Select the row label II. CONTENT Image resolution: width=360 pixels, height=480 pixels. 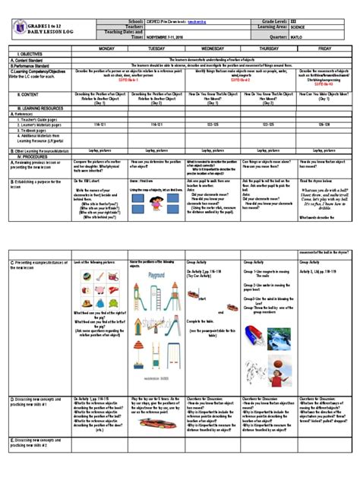(24, 94)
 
